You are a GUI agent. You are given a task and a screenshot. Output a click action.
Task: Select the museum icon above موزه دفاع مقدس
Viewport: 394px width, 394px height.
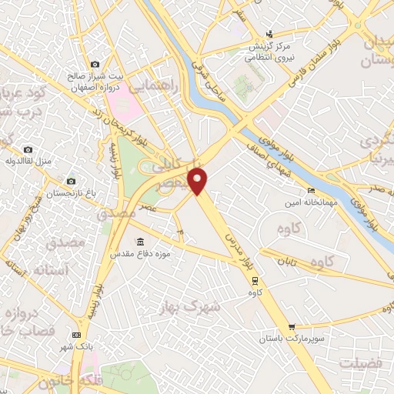pos(139,240)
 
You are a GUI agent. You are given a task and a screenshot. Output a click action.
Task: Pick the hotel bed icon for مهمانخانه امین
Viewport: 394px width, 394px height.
pos(311,190)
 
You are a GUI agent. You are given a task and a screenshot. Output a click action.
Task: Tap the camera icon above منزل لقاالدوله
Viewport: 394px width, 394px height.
pos(28,149)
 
